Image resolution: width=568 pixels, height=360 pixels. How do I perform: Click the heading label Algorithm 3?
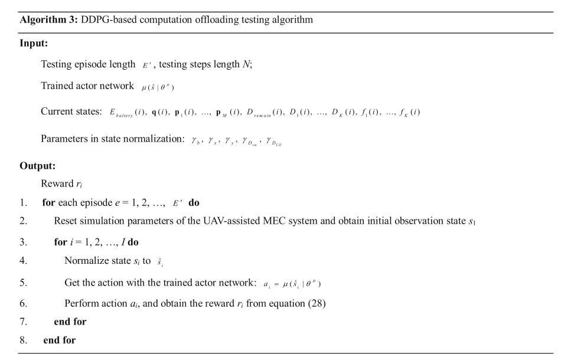(47, 19)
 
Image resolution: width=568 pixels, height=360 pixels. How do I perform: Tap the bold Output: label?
(37, 166)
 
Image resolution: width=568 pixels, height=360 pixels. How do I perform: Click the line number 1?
(23, 202)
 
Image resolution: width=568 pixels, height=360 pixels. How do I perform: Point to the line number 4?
(23, 261)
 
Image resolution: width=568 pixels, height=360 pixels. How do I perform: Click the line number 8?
(23, 340)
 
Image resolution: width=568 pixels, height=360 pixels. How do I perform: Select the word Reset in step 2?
(66, 221)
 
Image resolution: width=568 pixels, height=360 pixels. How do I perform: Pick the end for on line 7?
(70, 322)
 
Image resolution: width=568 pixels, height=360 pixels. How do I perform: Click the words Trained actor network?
(87, 86)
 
